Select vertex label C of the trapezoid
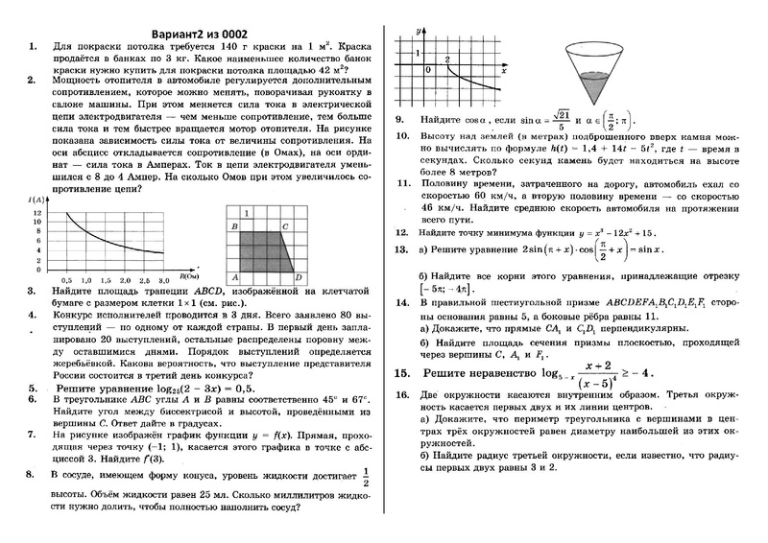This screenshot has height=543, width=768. (x=286, y=225)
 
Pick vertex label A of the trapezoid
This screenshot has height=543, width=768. (x=233, y=279)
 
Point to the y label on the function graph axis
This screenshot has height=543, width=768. (x=419, y=33)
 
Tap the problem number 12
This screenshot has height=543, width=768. (x=401, y=232)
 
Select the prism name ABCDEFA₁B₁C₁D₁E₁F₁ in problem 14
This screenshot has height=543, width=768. (x=637, y=302)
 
